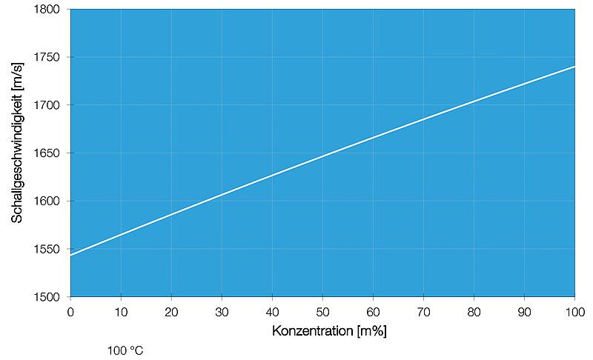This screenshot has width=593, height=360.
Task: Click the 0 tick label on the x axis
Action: tap(70, 311)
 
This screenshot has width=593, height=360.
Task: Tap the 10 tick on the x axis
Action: tap(121, 311)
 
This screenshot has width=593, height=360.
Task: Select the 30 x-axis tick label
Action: tap(222, 311)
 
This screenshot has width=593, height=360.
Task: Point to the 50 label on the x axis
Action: tap(322, 311)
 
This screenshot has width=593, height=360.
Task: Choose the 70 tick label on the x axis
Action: tap(423, 311)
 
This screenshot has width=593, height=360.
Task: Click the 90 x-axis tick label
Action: tap(524, 311)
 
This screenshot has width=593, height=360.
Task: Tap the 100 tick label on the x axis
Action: tap(574, 311)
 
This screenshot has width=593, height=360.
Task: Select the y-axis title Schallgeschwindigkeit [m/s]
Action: tap(17, 153)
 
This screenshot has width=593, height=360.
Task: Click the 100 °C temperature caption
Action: tap(125, 350)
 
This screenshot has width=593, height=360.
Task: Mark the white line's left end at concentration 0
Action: tap(71, 255)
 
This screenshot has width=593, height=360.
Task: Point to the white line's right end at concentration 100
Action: tap(574, 67)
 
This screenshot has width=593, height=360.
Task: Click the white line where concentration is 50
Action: tap(322, 156)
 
